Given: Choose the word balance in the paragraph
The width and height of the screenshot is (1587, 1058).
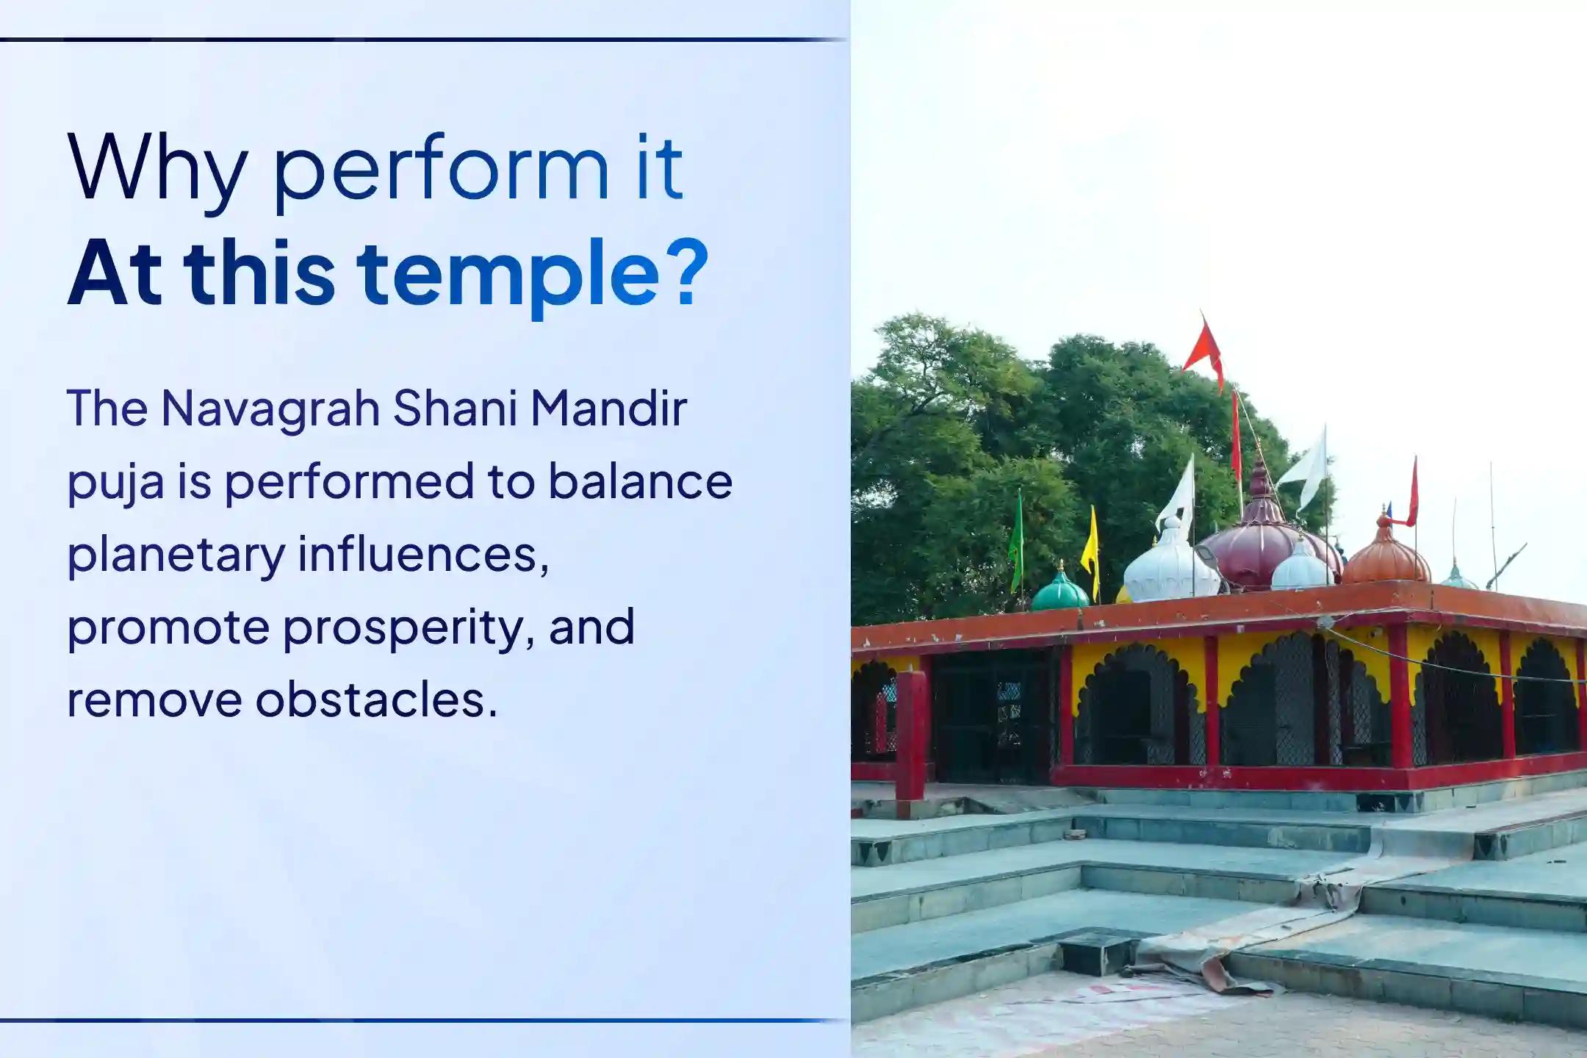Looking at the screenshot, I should (640, 482).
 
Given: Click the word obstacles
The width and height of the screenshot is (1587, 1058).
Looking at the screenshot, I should (376, 699).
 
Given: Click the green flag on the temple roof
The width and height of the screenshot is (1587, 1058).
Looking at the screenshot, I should (1017, 540).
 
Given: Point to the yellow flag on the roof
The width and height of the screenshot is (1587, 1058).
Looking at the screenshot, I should (1091, 551).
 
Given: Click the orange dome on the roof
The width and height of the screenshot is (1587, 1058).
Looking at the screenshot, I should (1384, 555).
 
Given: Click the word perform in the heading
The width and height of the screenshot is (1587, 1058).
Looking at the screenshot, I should (441, 169).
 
